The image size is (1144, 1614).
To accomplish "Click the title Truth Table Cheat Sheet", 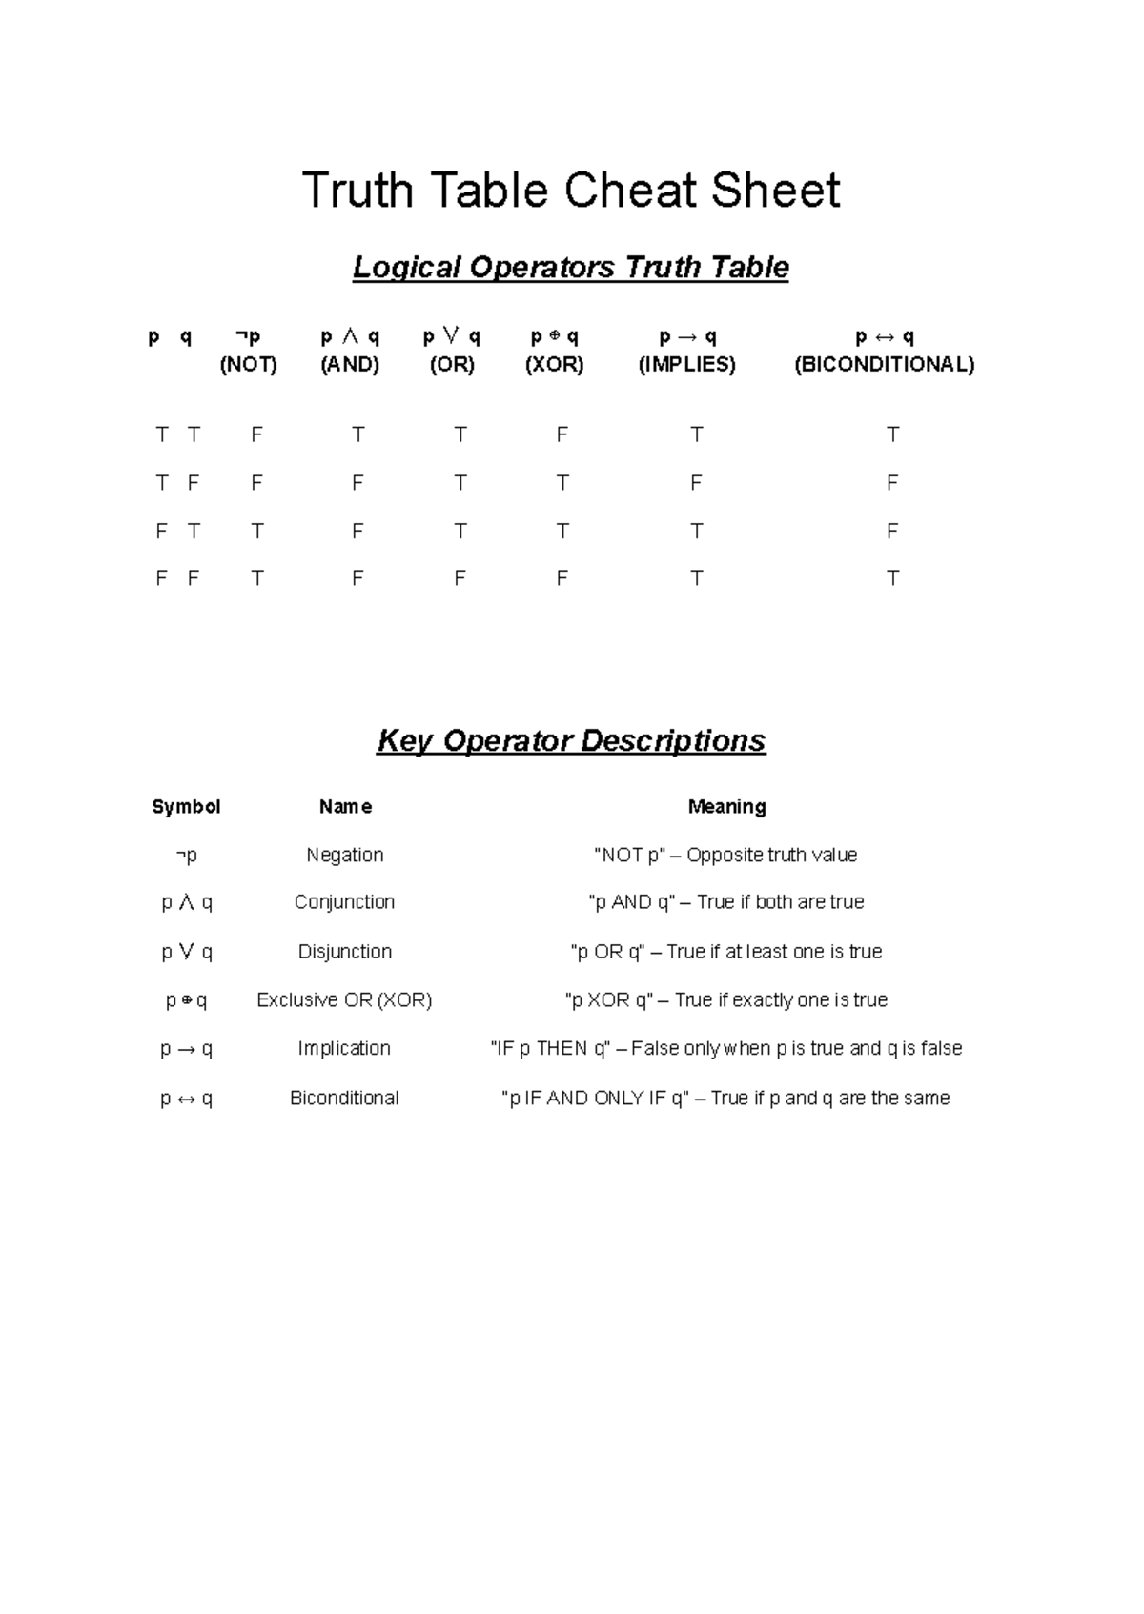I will point(571,190).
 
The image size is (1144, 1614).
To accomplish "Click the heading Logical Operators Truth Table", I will point(571,267).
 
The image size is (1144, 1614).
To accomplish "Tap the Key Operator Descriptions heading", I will point(571,740).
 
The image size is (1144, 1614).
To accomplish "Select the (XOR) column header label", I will point(554,364).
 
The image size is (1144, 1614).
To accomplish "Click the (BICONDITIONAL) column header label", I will point(884,364).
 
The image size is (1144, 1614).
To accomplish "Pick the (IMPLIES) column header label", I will point(686,364).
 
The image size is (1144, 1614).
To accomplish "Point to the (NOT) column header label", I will point(248,364).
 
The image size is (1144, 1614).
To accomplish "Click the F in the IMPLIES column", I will point(696,483).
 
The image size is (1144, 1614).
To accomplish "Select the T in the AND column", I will point(357,434).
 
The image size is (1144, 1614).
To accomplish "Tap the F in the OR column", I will point(460,578).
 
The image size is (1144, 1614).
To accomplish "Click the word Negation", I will point(344,855).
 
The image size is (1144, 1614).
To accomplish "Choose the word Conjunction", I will point(344,901).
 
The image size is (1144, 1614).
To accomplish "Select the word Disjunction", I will point(344,951).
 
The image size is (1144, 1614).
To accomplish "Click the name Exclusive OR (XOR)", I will point(344,999).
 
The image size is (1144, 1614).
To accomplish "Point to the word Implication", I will point(344,1048).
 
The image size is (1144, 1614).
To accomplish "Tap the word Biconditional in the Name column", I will point(344,1098).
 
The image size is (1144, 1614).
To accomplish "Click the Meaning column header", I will point(726,806).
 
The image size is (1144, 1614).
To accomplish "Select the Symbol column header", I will point(186,806).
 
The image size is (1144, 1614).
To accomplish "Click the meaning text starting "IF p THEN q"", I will point(725,1048).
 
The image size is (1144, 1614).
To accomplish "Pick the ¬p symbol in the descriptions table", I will point(186,855).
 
